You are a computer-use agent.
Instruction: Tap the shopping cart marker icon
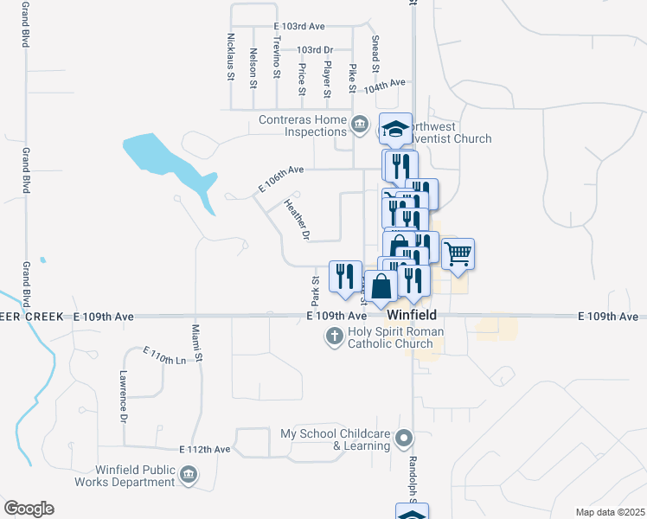click(458, 253)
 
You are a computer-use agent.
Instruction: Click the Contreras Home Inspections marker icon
click(359, 126)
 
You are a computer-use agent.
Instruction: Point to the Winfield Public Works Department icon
click(187, 474)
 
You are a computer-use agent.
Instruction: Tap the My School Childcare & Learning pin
click(402, 439)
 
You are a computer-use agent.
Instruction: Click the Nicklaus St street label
click(230, 57)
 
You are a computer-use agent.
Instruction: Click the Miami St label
click(197, 343)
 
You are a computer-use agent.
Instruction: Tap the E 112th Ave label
click(205, 450)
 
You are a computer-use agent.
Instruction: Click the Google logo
click(29, 508)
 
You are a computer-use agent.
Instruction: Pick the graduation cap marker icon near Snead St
click(396, 129)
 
